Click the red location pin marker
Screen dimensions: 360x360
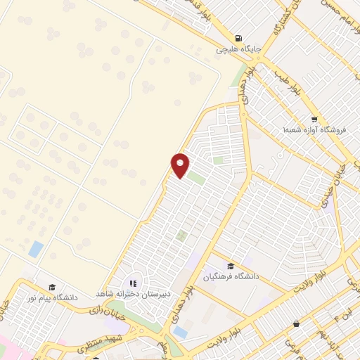point(181,164)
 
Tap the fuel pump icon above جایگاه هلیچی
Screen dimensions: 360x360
point(240,38)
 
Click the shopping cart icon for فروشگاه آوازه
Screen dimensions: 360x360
point(315,119)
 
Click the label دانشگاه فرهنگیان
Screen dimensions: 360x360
point(231,277)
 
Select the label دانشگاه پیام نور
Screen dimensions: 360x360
point(51,297)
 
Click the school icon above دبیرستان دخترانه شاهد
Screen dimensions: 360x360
point(134,283)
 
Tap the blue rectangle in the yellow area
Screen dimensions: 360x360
point(36,248)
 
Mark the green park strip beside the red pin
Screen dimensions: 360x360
point(196,179)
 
